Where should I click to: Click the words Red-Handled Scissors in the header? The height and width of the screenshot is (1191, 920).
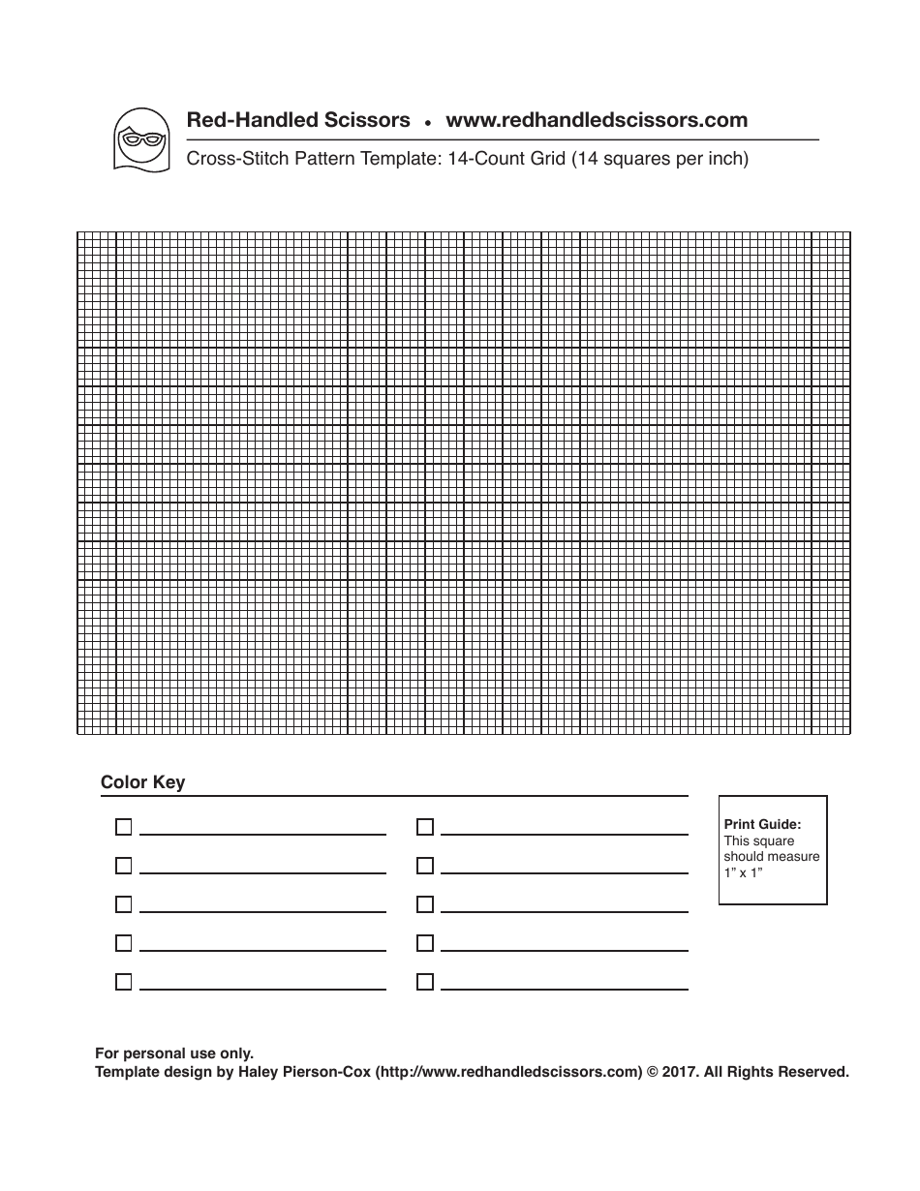tap(297, 121)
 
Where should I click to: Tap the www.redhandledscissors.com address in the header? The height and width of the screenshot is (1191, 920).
tap(596, 121)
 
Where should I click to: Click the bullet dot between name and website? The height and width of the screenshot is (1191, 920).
tap(427, 124)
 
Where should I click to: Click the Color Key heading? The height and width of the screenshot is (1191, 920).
tap(142, 782)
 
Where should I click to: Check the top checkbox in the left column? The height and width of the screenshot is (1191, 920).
tap(123, 827)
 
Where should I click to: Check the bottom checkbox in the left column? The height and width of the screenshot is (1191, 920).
tap(123, 982)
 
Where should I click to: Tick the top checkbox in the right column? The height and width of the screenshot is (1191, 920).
tap(424, 827)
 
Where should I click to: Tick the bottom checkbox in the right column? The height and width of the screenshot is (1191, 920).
tap(424, 982)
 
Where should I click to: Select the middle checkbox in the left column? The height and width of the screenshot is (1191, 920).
tap(123, 904)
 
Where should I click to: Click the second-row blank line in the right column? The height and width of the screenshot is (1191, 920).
tap(564, 872)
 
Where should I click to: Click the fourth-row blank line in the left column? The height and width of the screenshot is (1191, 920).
tap(262, 950)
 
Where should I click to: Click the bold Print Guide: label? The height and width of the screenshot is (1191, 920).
tap(762, 825)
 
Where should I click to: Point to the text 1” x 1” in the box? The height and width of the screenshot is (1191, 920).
tap(744, 872)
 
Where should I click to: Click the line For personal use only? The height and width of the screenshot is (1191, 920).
tap(173, 1054)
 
